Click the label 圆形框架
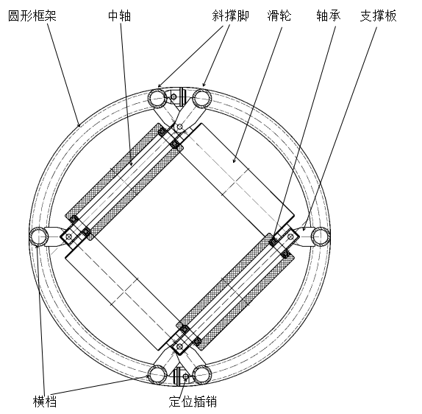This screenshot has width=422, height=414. click(x=32, y=15)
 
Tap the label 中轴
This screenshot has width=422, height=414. click(x=120, y=15)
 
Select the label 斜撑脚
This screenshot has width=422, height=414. click(x=230, y=15)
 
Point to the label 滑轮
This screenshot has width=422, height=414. click(x=279, y=15)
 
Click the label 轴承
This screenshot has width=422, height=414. click(x=329, y=15)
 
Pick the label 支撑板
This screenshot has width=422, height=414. click(x=378, y=15)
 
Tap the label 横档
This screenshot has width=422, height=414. click(x=45, y=401)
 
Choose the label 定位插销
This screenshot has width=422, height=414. click(x=193, y=401)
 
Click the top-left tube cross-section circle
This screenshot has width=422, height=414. click(x=158, y=99)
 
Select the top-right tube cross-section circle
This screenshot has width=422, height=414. click(x=202, y=99)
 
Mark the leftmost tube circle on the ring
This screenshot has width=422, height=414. click(x=39, y=236)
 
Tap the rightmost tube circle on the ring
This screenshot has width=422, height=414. click(x=321, y=236)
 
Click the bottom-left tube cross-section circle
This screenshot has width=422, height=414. click(x=158, y=375)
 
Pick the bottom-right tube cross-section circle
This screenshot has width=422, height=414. click(x=202, y=375)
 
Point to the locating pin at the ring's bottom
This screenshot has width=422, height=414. click(x=185, y=376)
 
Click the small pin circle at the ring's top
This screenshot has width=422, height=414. click(x=174, y=97)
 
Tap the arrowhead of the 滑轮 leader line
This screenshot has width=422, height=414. click(x=234, y=162)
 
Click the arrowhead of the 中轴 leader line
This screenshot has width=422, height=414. click(x=132, y=164)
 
